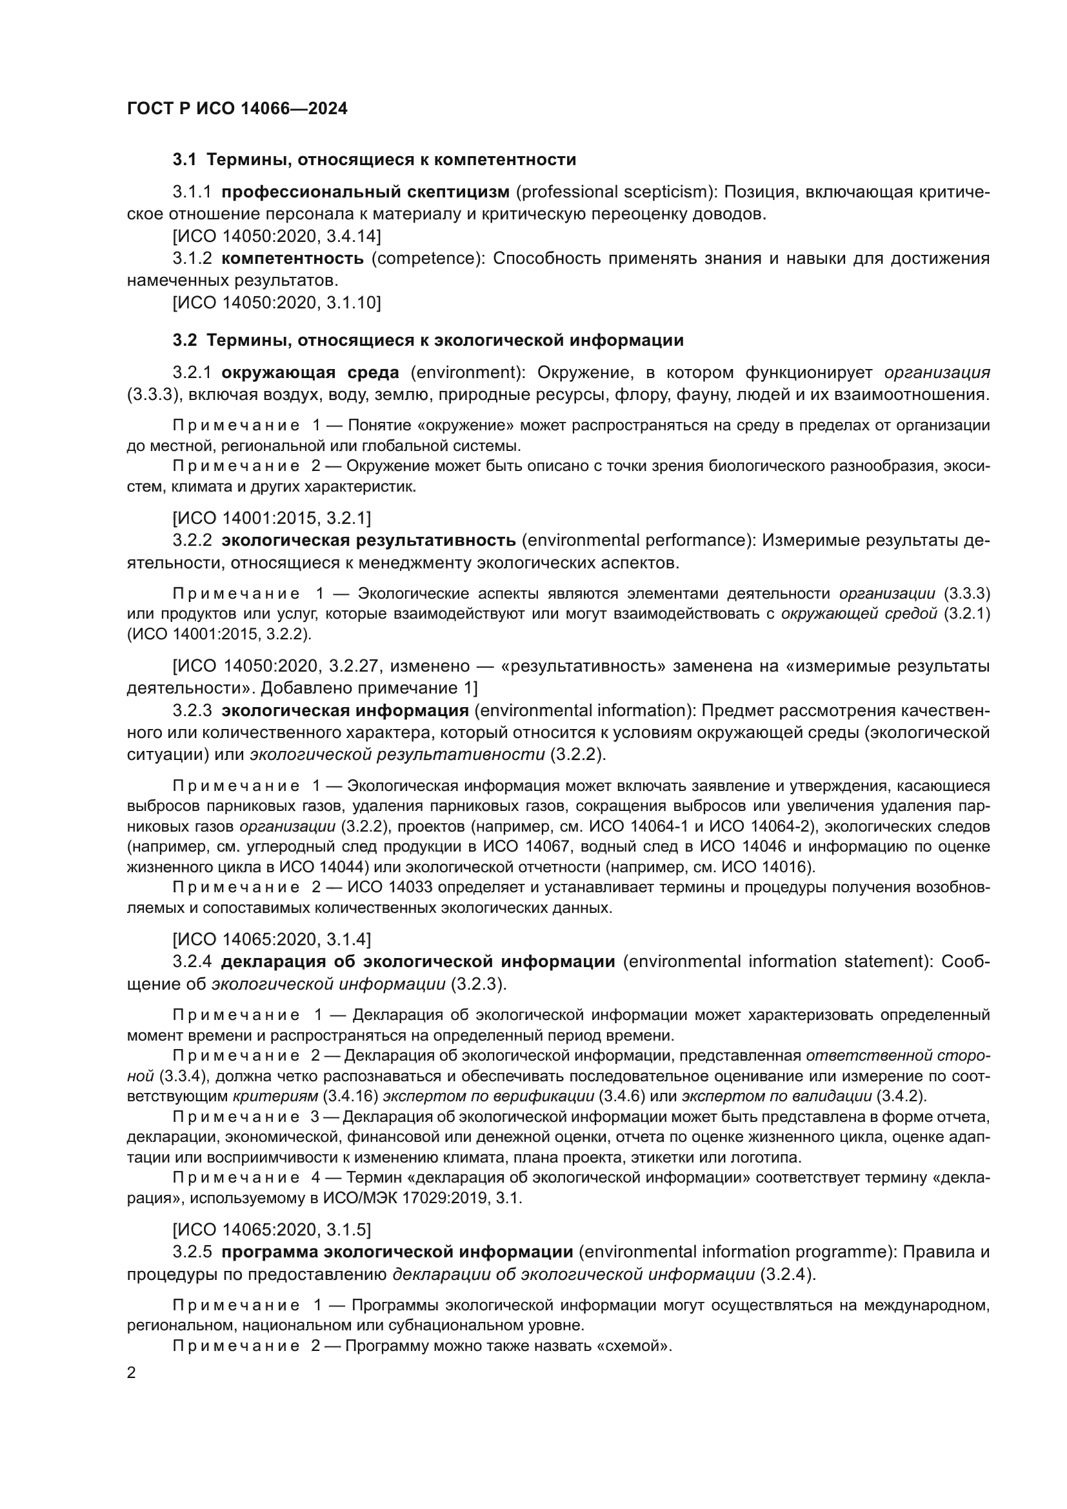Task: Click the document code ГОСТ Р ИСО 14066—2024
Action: (237, 108)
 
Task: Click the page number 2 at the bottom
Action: (132, 1373)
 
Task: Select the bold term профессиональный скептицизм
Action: (365, 192)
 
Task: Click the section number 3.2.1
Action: (192, 373)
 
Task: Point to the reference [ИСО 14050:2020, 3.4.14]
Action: (277, 236)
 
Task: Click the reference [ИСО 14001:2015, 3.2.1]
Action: (272, 519)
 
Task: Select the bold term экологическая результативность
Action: (368, 540)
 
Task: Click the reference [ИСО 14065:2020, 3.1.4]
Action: (272, 939)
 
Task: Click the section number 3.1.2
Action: (192, 258)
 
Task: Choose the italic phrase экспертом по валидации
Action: (777, 1096)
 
